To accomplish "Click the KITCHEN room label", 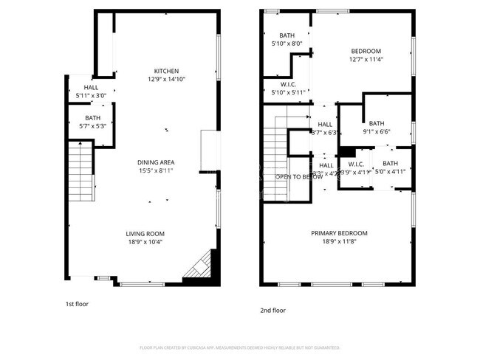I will click(166, 71).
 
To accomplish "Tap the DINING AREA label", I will click(156, 162).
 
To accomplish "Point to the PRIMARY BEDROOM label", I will click(339, 233).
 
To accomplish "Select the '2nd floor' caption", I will click(272, 311).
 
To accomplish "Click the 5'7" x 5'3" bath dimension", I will click(92, 126).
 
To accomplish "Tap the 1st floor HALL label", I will click(92, 87).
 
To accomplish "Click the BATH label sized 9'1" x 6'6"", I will click(377, 124).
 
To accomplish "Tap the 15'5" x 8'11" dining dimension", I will click(156, 170).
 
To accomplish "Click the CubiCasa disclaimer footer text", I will click(239, 347).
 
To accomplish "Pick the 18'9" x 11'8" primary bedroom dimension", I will click(339, 241).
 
